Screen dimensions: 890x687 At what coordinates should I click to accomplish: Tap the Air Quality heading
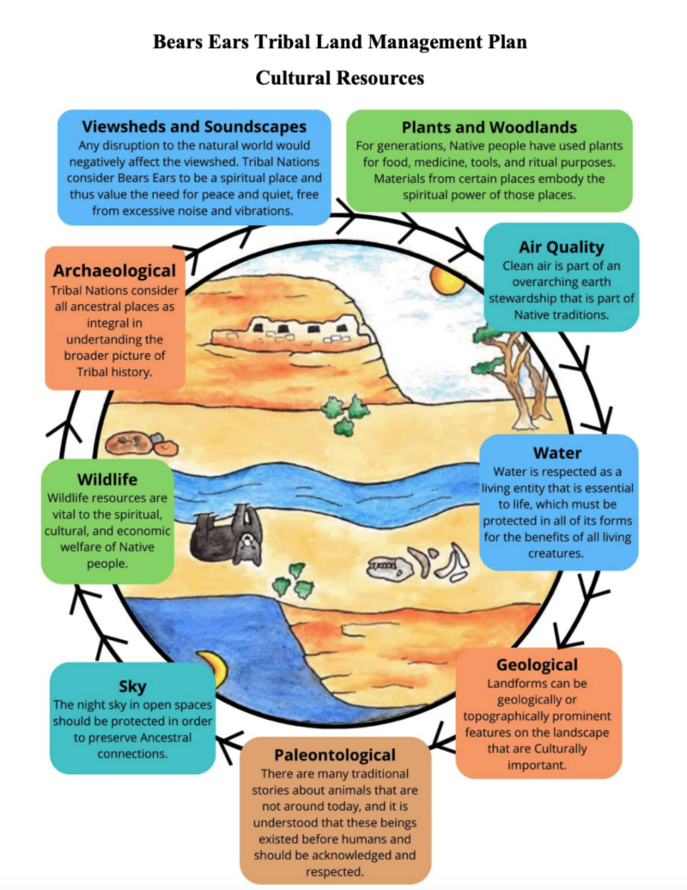[x=561, y=247]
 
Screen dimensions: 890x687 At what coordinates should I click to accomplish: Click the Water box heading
[x=557, y=453]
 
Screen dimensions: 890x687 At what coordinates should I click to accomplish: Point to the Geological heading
[x=537, y=664]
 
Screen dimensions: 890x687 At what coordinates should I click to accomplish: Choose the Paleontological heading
[x=334, y=754]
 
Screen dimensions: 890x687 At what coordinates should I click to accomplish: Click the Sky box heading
[x=132, y=686]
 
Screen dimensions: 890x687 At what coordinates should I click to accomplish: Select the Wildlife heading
[x=107, y=479]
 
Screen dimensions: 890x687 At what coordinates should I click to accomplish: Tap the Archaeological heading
[x=114, y=271]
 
